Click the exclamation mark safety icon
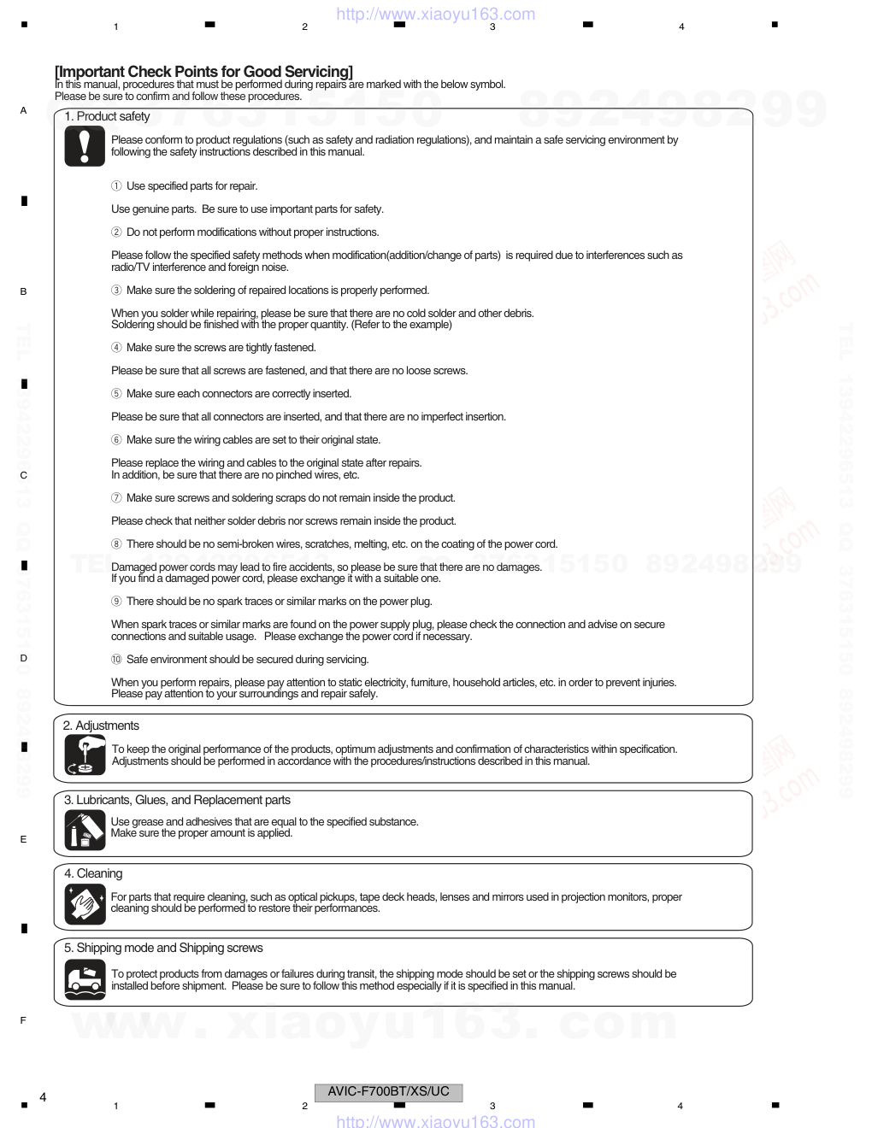tap(84, 146)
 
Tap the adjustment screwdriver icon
tap(85, 755)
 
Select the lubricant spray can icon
tap(85, 829)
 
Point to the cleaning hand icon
tap(85, 903)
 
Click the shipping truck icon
tap(85, 979)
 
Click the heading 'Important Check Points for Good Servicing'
tap(203, 72)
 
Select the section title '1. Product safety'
tap(107, 116)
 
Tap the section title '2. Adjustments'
tap(101, 726)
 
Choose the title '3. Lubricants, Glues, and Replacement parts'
tap(177, 800)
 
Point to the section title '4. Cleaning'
tap(93, 873)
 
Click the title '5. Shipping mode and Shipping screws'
tap(163, 948)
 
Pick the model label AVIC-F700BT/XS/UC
tap(389, 1091)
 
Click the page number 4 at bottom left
tap(43, 1096)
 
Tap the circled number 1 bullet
tap(116, 186)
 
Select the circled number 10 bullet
tap(116, 660)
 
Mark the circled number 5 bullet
tap(116, 394)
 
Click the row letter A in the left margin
tap(23, 110)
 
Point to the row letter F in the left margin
tap(23, 1020)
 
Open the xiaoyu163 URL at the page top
tap(436, 14)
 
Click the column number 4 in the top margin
tap(681, 27)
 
